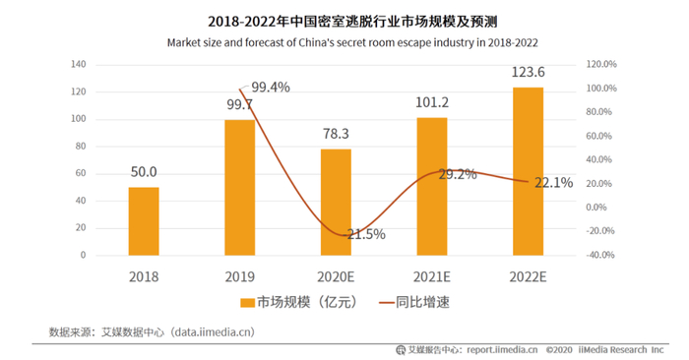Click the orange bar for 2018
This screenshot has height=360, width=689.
coord(144,221)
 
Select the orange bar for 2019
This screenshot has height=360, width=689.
coord(239,187)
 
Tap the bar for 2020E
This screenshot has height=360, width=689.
coord(336,202)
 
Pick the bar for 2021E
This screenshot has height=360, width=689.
coord(432,186)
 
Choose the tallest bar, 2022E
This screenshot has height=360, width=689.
coord(528,171)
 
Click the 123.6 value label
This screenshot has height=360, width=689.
coord(528,72)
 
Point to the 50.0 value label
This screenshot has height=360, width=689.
coord(144,172)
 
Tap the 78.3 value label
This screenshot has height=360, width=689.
coord(336,134)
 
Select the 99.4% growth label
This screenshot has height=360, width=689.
coord(270,88)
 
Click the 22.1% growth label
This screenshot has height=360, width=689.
coord(553,182)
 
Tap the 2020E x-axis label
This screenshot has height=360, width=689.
coord(336,277)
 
